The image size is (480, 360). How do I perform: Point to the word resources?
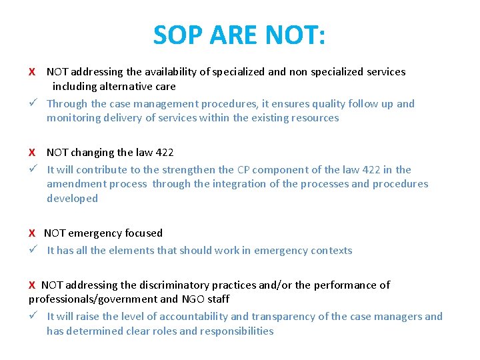pos(314,118)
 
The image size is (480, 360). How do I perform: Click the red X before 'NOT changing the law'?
pos(32,153)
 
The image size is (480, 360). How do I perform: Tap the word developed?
pos(72,198)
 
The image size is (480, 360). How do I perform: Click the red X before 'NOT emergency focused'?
pos(32,233)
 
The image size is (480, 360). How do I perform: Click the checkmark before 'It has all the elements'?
pos(32,250)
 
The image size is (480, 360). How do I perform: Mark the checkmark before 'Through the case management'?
pos(32,103)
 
